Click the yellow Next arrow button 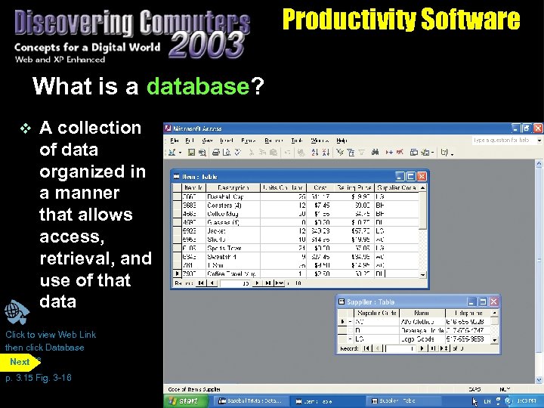click(x=20, y=362)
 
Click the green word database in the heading click(x=198, y=87)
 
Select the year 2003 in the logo click(x=206, y=46)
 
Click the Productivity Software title click(x=401, y=19)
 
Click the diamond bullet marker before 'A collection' click(x=23, y=128)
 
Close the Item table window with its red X click(x=422, y=176)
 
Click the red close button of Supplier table click(x=493, y=301)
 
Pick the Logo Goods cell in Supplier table click(x=417, y=339)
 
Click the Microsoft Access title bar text click(x=198, y=128)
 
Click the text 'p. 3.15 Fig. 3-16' click(x=39, y=378)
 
